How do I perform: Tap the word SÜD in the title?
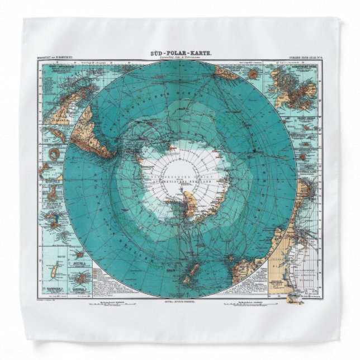[158, 52]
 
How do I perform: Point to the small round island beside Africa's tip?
[253, 73]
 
